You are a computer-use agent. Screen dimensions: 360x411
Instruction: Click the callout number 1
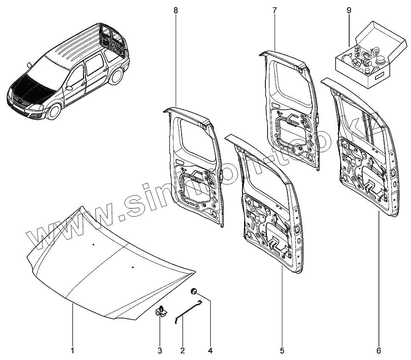72,351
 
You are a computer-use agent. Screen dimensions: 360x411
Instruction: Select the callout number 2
182,351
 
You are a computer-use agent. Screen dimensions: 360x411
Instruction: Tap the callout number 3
160,351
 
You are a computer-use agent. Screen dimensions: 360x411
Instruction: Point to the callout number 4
210,351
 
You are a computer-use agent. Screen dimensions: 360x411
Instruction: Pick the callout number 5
282,351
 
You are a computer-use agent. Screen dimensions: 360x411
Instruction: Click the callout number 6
379,351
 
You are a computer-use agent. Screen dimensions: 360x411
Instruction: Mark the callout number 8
176,10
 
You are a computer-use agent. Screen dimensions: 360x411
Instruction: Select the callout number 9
349,10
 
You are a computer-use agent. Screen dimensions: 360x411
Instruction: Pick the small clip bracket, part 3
161,312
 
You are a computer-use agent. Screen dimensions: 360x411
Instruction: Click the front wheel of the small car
54,113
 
